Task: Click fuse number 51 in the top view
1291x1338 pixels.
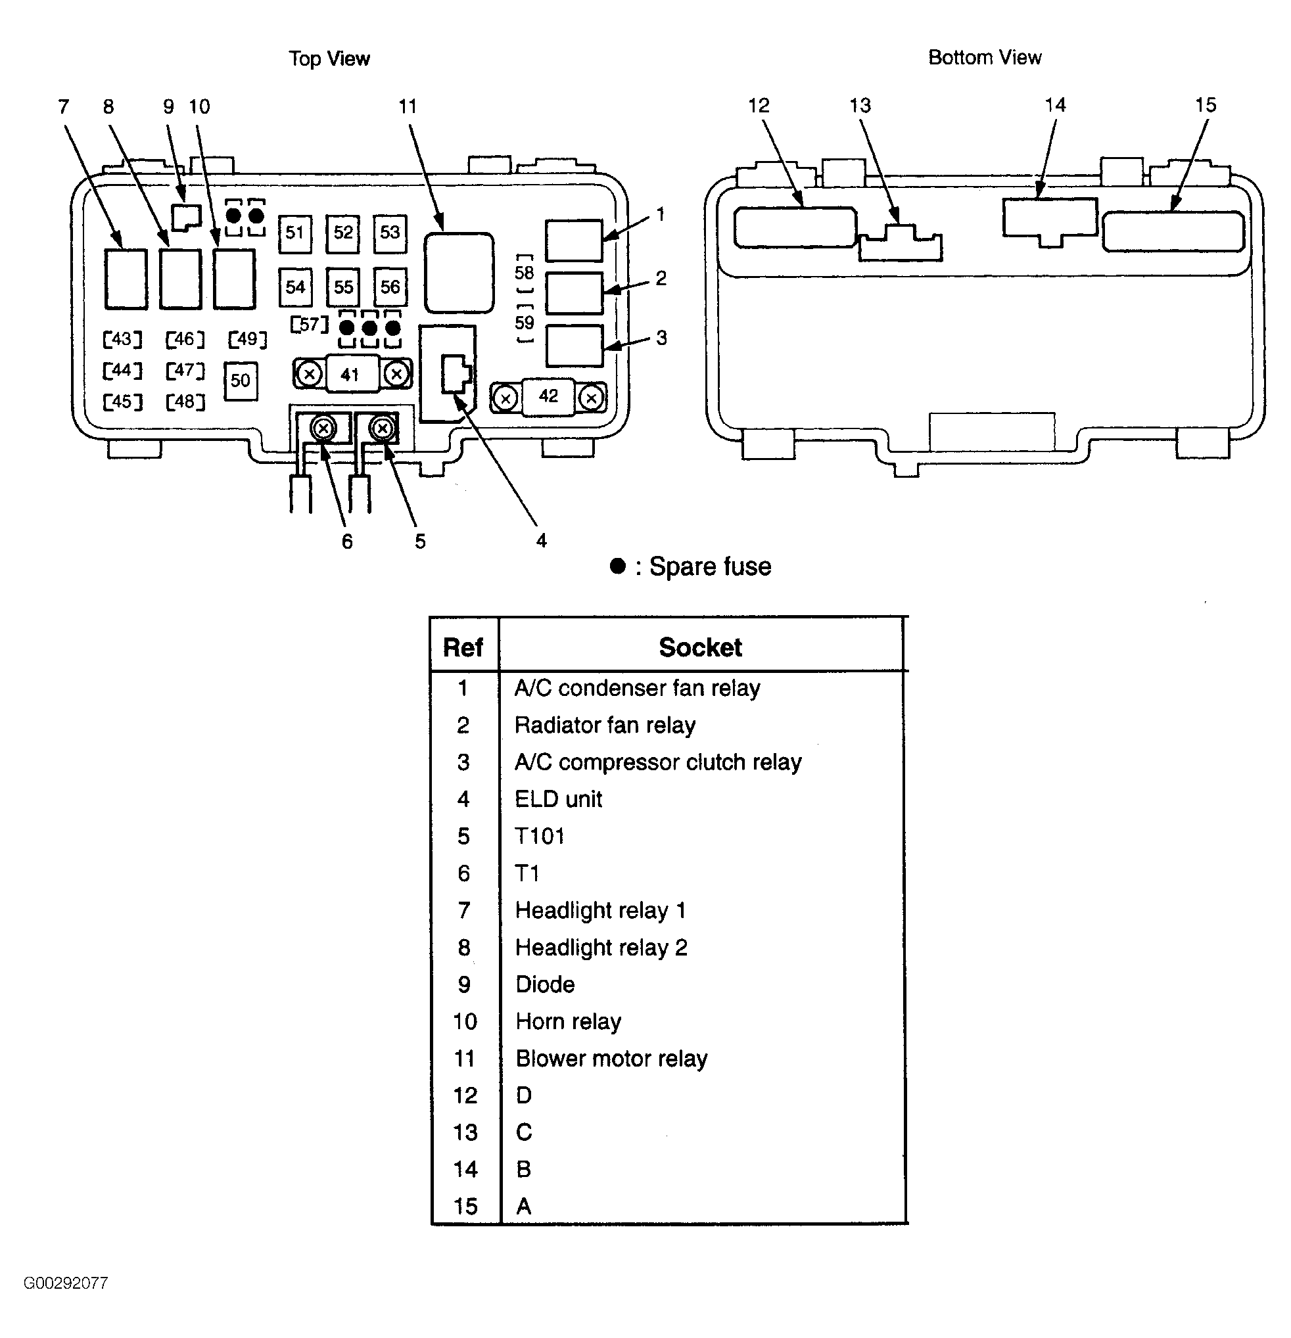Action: [x=294, y=233]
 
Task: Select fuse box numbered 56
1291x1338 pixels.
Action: [x=390, y=287]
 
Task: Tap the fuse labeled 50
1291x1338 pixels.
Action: [x=241, y=381]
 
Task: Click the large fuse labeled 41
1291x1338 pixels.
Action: [x=350, y=374]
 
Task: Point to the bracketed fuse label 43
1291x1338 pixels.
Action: [x=122, y=339]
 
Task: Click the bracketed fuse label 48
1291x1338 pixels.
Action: [x=185, y=402]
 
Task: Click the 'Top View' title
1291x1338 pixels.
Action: [x=329, y=58]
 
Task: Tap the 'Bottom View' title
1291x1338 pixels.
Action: [x=985, y=57]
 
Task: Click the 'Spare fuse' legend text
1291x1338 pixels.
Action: [x=709, y=566]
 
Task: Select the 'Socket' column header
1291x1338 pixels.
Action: [x=700, y=647]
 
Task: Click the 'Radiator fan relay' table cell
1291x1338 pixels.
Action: [x=605, y=725]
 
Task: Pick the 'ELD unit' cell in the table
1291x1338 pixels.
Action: [x=559, y=798]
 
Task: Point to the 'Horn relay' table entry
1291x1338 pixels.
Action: [x=568, y=1021]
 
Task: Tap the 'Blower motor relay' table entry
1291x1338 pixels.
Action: [x=611, y=1058]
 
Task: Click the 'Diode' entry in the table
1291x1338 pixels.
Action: [x=545, y=984]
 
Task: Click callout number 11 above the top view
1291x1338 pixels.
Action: [x=408, y=107]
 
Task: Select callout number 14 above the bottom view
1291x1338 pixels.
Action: [x=1055, y=105]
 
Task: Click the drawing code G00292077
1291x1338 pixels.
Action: [x=66, y=1283]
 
